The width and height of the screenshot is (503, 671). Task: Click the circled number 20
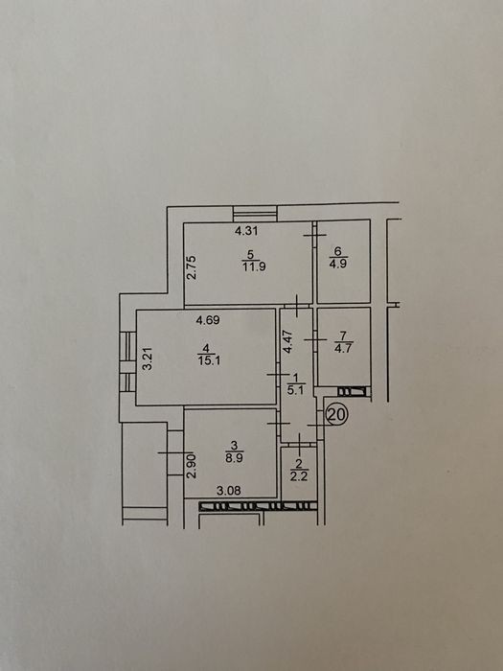tap(337, 415)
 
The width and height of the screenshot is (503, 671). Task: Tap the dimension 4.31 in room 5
tap(246, 231)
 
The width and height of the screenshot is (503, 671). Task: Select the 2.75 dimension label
tap(192, 267)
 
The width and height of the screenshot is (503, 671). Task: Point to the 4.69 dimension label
tap(208, 320)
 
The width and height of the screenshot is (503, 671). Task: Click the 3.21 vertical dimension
tap(148, 359)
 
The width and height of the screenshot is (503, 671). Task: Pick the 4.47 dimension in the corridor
tap(288, 340)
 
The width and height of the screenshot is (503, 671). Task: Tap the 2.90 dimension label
tap(192, 467)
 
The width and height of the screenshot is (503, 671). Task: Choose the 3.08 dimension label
tap(228, 491)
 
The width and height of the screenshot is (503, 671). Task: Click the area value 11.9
tap(255, 266)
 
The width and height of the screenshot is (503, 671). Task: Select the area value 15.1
tap(209, 360)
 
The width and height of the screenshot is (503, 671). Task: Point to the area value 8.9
tap(235, 457)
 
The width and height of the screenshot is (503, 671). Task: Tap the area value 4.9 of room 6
tap(338, 264)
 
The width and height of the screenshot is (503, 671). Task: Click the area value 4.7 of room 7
tap(343, 348)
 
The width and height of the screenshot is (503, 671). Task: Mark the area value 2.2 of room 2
tap(299, 475)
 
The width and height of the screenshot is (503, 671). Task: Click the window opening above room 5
tap(255, 214)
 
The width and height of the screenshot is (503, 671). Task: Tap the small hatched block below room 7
tap(353, 391)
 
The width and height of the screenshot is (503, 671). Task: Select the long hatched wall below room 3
tap(259, 507)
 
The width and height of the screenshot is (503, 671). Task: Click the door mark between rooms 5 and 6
tap(314, 235)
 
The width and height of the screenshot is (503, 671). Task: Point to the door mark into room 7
tap(315, 339)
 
